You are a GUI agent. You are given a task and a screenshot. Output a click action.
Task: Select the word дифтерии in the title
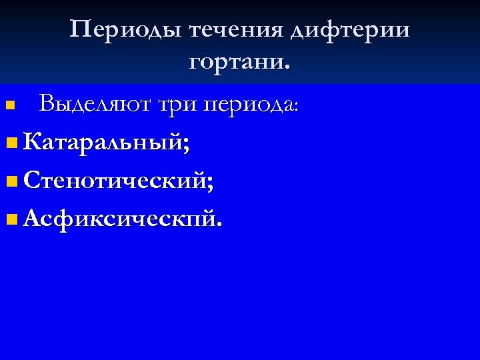click(352, 31)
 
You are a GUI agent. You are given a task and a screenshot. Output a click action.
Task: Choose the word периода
click(251, 105)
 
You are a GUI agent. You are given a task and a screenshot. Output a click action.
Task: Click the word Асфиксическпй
click(117, 219)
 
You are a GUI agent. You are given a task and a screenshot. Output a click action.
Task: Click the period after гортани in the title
click(287, 68)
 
